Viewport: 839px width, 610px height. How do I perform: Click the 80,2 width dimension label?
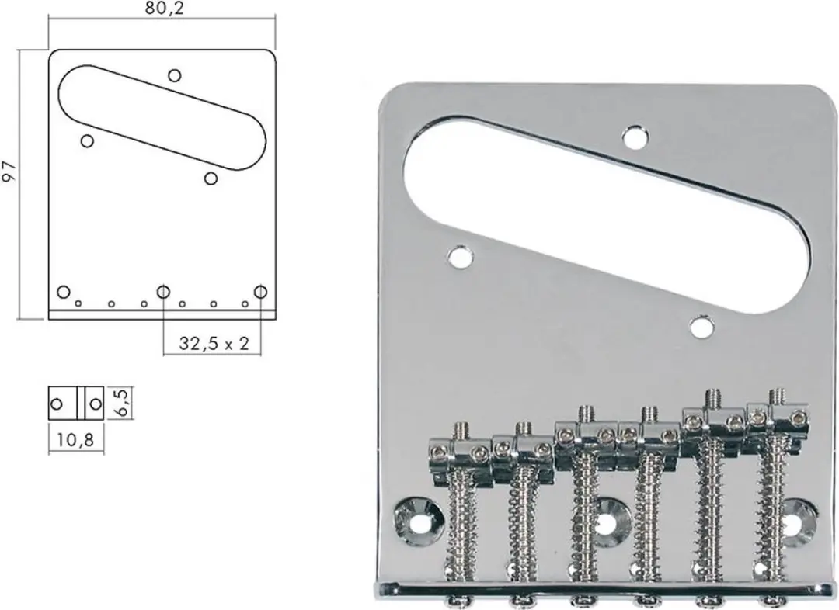click(164, 9)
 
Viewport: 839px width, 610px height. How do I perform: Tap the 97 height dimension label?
click(10, 172)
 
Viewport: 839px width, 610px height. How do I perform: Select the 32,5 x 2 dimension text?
click(214, 343)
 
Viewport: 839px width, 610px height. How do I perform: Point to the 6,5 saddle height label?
click(122, 403)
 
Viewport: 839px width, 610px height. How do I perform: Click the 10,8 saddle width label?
click(75, 440)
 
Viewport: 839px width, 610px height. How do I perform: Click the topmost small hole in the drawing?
click(175, 75)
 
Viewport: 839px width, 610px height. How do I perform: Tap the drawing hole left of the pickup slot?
click(87, 141)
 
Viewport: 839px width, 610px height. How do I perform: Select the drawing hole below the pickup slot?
click(211, 178)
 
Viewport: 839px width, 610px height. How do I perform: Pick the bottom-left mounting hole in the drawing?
click(64, 292)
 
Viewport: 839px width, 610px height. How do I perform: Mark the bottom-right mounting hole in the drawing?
click(260, 292)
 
